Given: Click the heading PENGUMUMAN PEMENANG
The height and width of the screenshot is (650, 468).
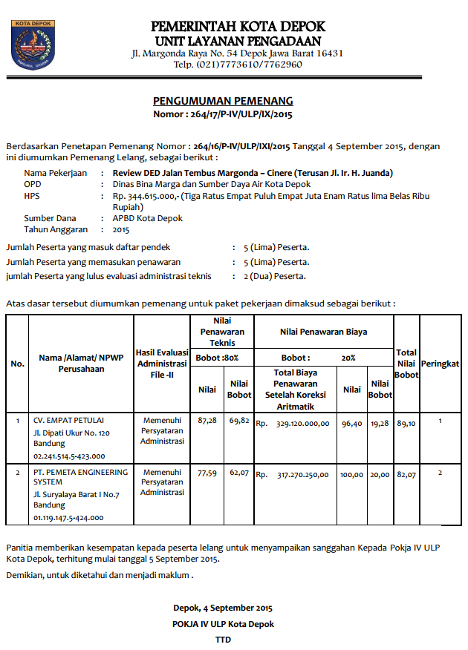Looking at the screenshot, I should click(x=223, y=101).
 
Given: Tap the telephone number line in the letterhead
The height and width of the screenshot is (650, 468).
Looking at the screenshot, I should click(x=238, y=65).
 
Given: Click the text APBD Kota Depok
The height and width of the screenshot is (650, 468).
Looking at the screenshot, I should click(x=147, y=218).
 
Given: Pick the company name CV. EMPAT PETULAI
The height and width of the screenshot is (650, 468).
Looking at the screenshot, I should click(x=68, y=419).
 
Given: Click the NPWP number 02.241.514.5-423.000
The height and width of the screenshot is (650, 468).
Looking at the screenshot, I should click(x=69, y=456).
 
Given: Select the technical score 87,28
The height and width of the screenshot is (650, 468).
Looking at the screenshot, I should click(x=207, y=421).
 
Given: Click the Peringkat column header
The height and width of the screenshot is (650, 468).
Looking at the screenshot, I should click(x=440, y=364).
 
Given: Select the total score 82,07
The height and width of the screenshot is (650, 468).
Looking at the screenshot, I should click(x=406, y=474).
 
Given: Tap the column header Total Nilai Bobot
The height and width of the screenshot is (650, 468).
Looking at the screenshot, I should click(x=406, y=364).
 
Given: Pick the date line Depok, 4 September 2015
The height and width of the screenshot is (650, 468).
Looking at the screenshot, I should click(x=223, y=608).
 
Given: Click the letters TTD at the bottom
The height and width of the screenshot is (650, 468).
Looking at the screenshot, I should click(x=223, y=639).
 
